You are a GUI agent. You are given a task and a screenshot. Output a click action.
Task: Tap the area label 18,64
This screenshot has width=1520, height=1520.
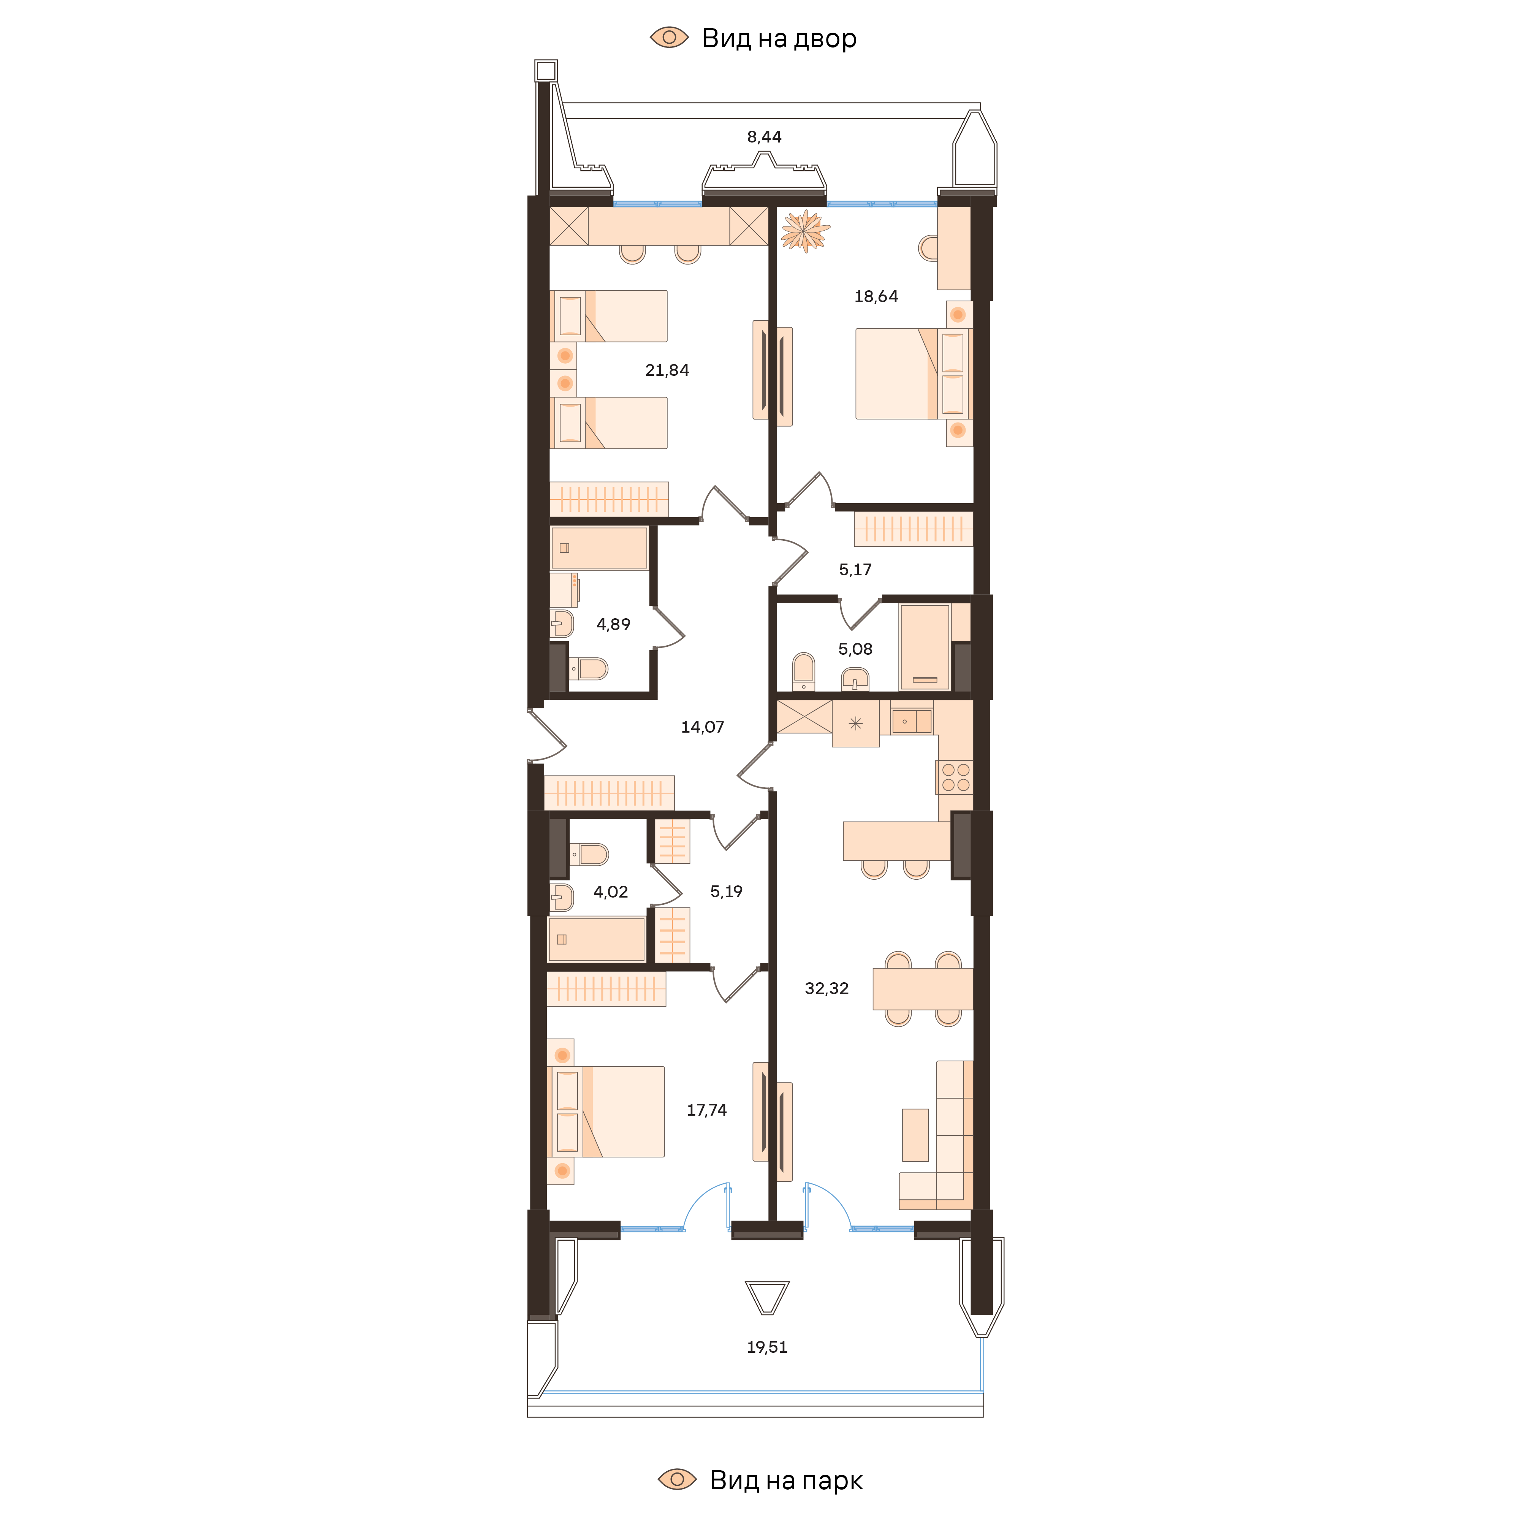[876, 297]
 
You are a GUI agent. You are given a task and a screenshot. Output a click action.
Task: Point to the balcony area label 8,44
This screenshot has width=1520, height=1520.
[764, 137]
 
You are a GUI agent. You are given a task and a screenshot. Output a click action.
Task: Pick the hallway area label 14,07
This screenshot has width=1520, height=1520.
[702, 727]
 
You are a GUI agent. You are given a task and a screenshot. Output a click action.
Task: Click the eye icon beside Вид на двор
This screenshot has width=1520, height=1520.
[669, 37]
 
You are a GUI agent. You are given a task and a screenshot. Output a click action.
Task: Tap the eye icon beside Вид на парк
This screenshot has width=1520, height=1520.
[677, 1479]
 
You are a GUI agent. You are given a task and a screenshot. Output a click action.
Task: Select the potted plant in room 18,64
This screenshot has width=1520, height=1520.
[805, 231]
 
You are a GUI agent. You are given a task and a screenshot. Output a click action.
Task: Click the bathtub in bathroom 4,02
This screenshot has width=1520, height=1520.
[596, 939]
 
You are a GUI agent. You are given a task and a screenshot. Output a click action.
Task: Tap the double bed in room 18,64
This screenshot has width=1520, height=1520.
[897, 374]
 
